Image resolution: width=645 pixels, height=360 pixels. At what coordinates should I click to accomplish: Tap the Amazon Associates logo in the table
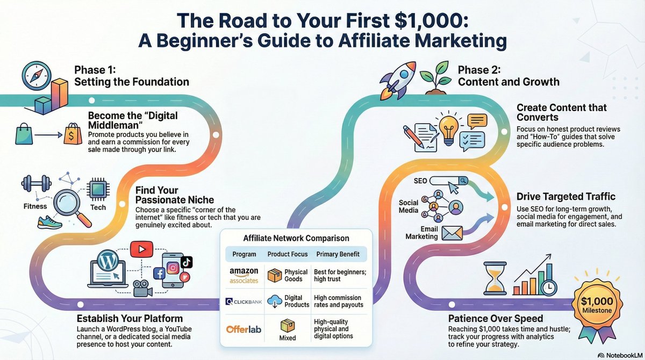(243, 275)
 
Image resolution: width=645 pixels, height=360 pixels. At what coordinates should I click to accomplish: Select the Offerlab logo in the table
(243, 328)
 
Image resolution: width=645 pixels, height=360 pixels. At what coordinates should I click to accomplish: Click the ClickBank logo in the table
(243, 302)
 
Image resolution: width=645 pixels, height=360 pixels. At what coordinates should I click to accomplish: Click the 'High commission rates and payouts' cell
(340, 301)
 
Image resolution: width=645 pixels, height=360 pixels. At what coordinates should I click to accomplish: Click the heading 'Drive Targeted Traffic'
(566, 197)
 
